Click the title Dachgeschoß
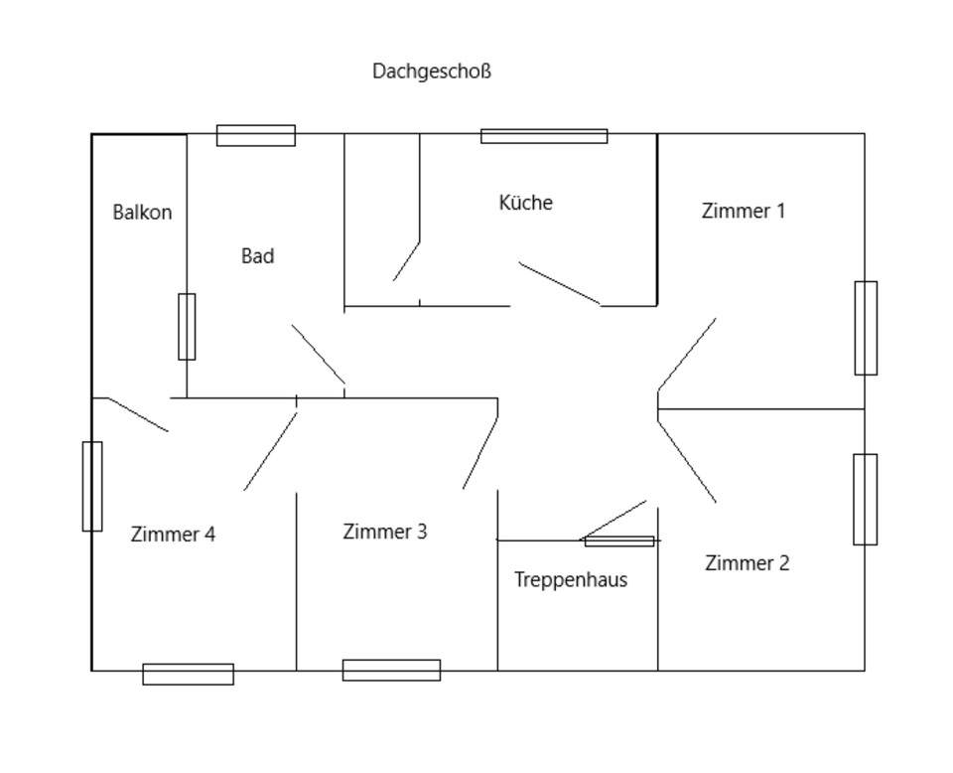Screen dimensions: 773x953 pyautogui.click(x=432, y=72)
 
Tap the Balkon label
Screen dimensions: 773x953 pyautogui.click(x=142, y=212)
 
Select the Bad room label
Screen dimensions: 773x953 pyautogui.click(x=257, y=256)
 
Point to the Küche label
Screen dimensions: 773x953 pyautogui.click(x=525, y=203)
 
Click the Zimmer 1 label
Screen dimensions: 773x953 pyautogui.click(x=743, y=211)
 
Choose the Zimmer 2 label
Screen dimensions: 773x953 pyautogui.click(x=747, y=563)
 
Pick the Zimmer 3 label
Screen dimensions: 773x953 pyautogui.click(x=385, y=532)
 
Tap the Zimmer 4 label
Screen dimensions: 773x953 pyautogui.click(x=173, y=535)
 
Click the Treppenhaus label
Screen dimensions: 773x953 pyautogui.click(x=571, y=580)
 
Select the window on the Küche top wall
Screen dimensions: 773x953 pyautogui.click(x=544, y=136)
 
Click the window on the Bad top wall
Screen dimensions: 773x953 pyautogui.click(x=256, y=135)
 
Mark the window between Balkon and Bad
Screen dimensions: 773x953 pyautogui.click(x=187, y=326)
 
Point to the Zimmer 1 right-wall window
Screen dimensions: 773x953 pyautogui.click(x=866, y=328)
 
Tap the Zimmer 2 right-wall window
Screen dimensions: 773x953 pyautogui.click(x=865, y=500)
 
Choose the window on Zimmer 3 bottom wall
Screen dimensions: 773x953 pyautogui.click(x=391, y=670)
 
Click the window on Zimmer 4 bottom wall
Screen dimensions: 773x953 pyautogui.click(x=188, y=674)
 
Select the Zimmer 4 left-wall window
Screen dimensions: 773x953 pyautogui.click(x=91, y=486)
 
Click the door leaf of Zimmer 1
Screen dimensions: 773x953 pyautogui.click(x=686, y=355)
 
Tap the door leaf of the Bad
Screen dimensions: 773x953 pyautogui.click(x=318, y=354)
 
